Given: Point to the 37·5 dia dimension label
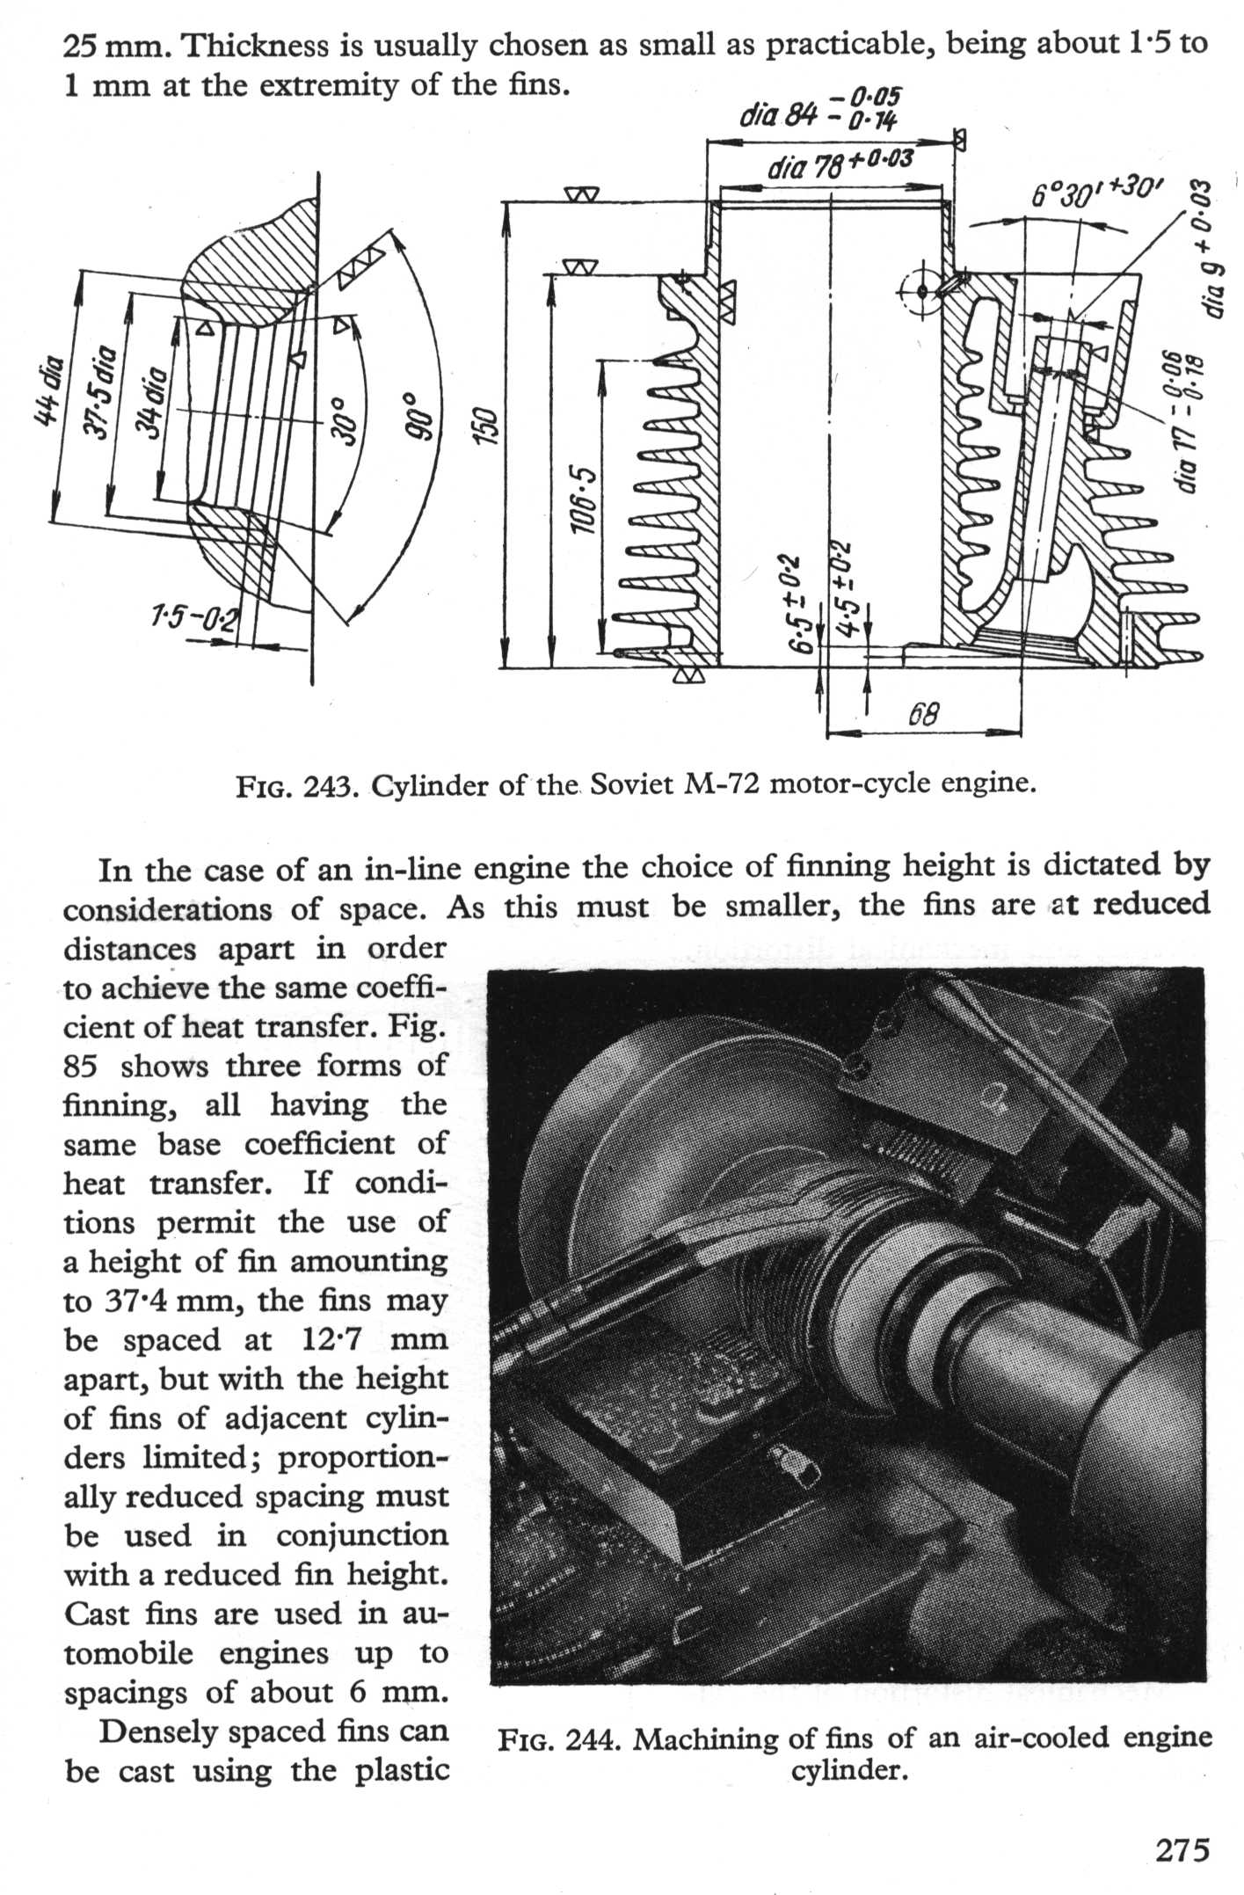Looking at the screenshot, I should (x=104, y=388).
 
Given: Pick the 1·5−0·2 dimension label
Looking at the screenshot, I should (x=193, y=619).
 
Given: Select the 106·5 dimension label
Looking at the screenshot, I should (x=583, y=501).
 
